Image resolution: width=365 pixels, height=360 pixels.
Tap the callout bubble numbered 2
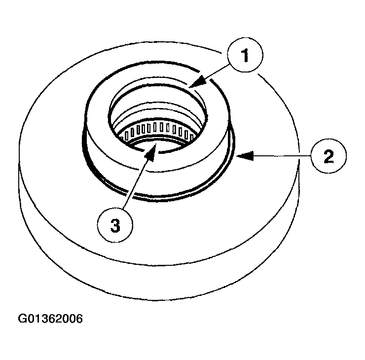328,156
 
